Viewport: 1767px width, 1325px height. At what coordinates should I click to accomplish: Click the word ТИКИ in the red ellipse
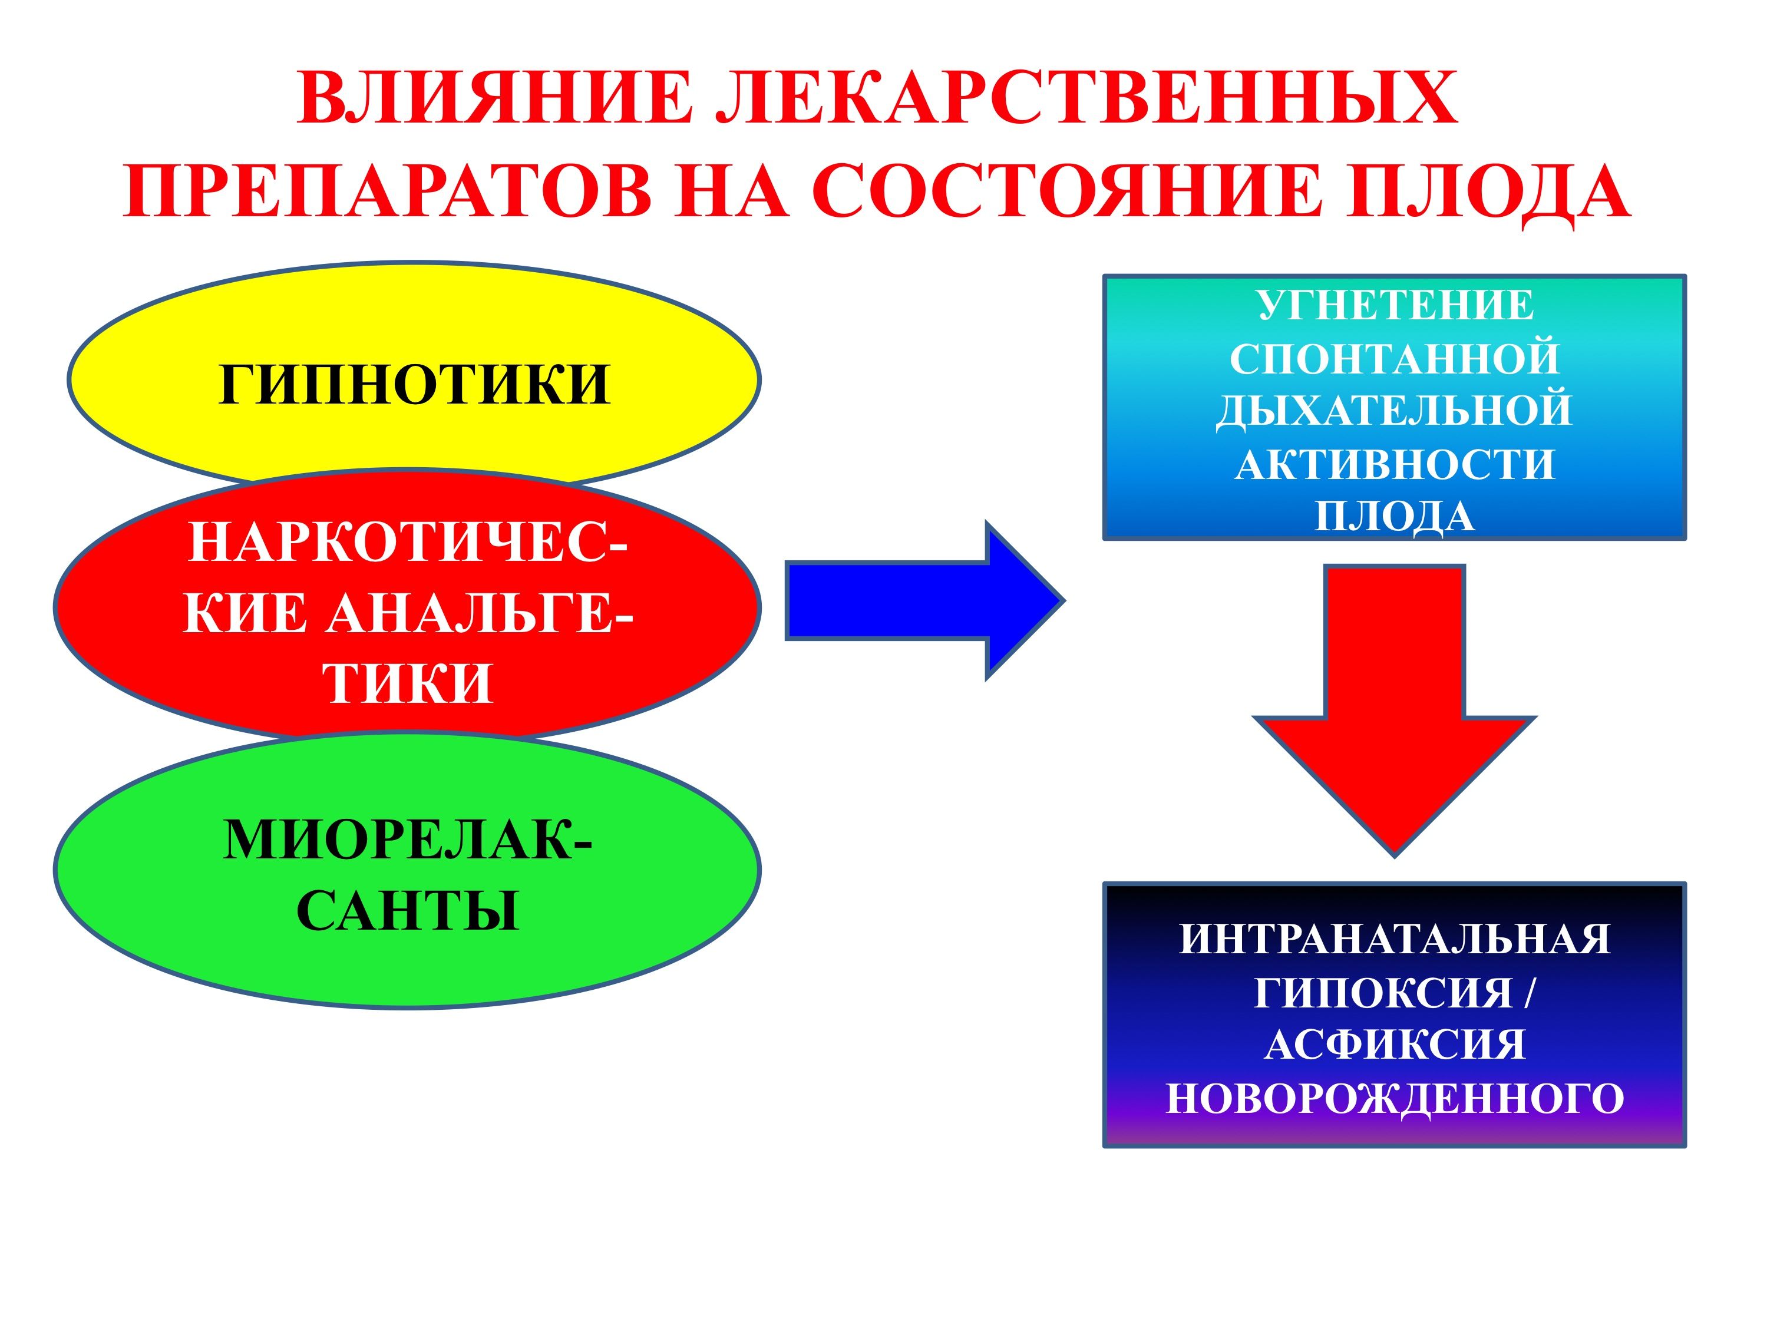pos(408,683)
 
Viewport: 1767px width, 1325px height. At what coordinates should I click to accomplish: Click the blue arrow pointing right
pos(925,600)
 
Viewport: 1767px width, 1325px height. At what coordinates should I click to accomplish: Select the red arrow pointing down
pos(1394,711)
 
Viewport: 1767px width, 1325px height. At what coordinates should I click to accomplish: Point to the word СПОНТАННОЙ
pos(1394,359)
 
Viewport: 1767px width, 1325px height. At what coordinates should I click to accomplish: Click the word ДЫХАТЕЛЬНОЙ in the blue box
pos(1394,411)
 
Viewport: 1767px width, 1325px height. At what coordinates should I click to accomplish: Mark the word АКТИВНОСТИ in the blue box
pos(1395,464)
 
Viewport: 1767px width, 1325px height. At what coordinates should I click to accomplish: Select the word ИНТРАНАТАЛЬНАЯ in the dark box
pos(1395,939)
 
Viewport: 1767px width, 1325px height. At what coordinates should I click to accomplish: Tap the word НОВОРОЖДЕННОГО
pos(1395,1099)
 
